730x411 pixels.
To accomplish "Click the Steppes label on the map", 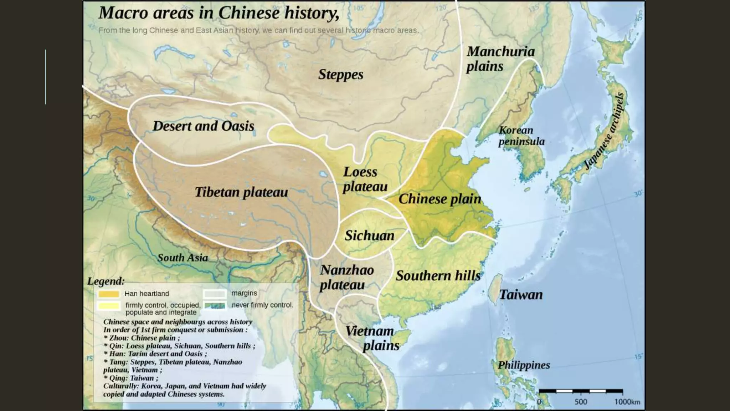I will tap(340, 75).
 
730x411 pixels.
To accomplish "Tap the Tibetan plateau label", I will tap(241, 192).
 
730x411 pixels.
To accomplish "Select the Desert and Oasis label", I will tap(203, 126).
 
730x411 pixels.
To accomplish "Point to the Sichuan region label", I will tap(369, 235).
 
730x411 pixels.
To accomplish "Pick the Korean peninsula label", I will tap(521, 136).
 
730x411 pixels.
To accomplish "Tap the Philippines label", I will tap(524, 365).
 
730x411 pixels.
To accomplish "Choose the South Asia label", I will tap(182, 258).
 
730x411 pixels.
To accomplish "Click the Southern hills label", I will tap(438, 276).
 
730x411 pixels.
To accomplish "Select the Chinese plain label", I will tap(439, 199).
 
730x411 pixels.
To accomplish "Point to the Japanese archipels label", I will tap(605, 131).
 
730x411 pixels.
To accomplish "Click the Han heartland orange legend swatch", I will tap(109, 294).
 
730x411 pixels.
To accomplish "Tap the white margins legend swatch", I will tap(215, 294).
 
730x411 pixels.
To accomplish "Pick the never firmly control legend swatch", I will tap(215, 306).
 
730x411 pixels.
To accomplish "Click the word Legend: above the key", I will tap(106, 281).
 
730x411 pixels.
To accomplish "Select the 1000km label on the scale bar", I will tap(627, 402).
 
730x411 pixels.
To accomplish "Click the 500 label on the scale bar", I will tap(581, 402).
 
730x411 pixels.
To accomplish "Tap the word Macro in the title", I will tap(123, 13).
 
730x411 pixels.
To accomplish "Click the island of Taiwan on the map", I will tap(496, 289).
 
